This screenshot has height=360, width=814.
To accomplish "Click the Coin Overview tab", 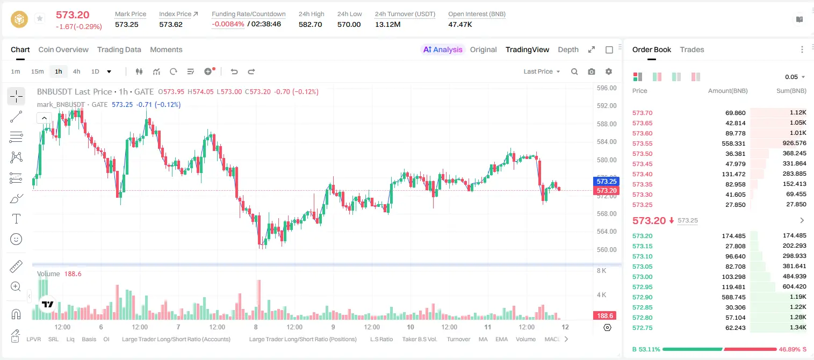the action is tap(63, 49).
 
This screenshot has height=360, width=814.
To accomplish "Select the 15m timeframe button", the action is tap(37, 71).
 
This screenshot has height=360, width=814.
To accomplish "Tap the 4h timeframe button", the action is tap(76, 71).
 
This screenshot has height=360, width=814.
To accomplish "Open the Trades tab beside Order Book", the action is tap(692, 49).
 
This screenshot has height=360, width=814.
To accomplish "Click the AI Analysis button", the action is tap(443, 49).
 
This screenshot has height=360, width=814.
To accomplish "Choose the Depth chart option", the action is tap(568, 49).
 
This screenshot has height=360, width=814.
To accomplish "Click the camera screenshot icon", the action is tap(592, 71).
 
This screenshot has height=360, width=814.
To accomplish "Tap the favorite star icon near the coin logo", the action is tap(40, 18).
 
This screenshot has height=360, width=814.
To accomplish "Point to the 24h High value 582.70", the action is tap(311, 24).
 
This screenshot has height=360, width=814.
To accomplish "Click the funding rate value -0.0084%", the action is tap(228, 24).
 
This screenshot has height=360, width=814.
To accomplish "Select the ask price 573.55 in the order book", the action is tap(642, 143).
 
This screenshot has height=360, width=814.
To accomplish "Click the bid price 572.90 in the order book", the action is tap(642, 297).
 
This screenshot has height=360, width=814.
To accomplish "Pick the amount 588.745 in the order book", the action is tap(733, 297).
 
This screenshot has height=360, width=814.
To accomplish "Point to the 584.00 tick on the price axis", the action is tap(607, 142).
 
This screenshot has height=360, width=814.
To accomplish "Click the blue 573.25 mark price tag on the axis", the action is tap(606, 181).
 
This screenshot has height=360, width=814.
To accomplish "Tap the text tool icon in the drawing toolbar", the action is tap(16, 219).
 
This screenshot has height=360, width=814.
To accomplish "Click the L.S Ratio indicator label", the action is tap(381, 339).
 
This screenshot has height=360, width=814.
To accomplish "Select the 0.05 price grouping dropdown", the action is tap(795, 77).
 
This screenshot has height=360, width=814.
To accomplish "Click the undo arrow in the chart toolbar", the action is tap(234, 71).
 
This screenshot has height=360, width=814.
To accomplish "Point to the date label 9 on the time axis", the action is tap(333, 327).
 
